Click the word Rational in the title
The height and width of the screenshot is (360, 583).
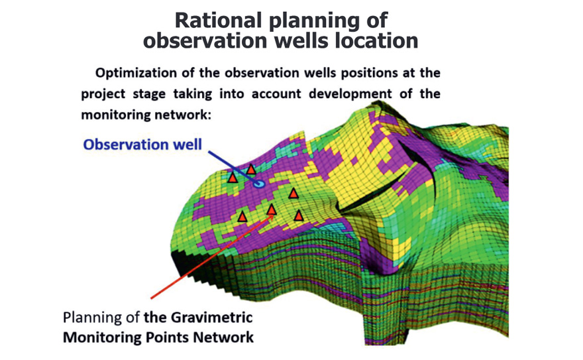(218, 20)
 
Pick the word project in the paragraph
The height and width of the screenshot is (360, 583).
(104, 93)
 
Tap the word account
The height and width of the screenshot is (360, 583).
(276, 93)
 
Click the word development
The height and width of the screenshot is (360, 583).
(350, 93)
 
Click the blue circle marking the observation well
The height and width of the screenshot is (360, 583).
(259, 184)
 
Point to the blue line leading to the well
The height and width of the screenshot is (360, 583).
(233, 167)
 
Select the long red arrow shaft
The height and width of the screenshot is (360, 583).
(211, 257)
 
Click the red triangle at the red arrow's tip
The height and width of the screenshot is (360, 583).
(272, 210)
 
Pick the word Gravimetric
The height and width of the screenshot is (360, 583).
(211, 318)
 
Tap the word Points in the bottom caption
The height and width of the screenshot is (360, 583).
(168, 337)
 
